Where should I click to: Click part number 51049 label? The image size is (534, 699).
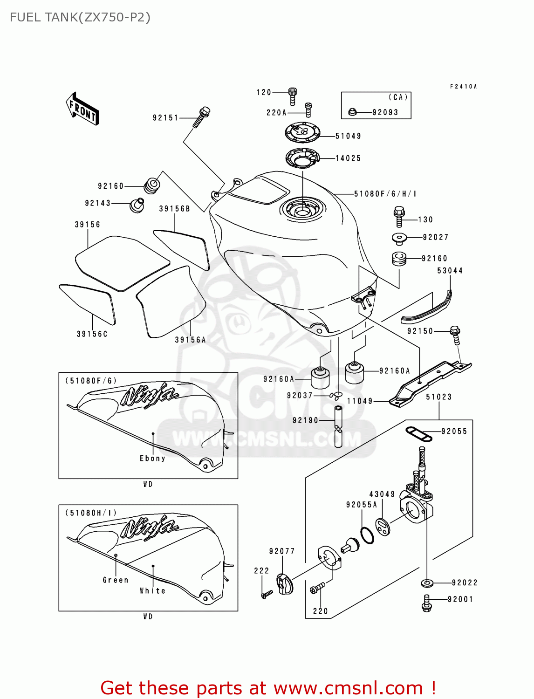(x=348, y=136)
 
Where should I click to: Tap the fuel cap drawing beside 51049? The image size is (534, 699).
(x=303, y=132)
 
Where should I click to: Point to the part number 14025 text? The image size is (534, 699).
(x=348, y=158)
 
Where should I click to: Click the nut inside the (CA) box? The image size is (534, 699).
(x=353, y=112)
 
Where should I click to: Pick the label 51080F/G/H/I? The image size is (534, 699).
(x=385, y=194)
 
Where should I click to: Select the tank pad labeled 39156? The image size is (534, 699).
(x=122, y=263)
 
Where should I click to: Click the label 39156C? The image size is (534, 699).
(x=92, y=334)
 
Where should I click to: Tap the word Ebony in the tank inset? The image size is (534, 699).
(x=152, y=459)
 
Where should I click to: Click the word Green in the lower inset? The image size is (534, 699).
(x=116, y=580)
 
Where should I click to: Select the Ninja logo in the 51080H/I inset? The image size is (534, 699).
(x=149, y=528)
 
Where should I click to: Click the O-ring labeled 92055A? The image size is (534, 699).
(x=367, y=535)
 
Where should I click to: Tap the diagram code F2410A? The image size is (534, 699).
(x=463, y=87)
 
